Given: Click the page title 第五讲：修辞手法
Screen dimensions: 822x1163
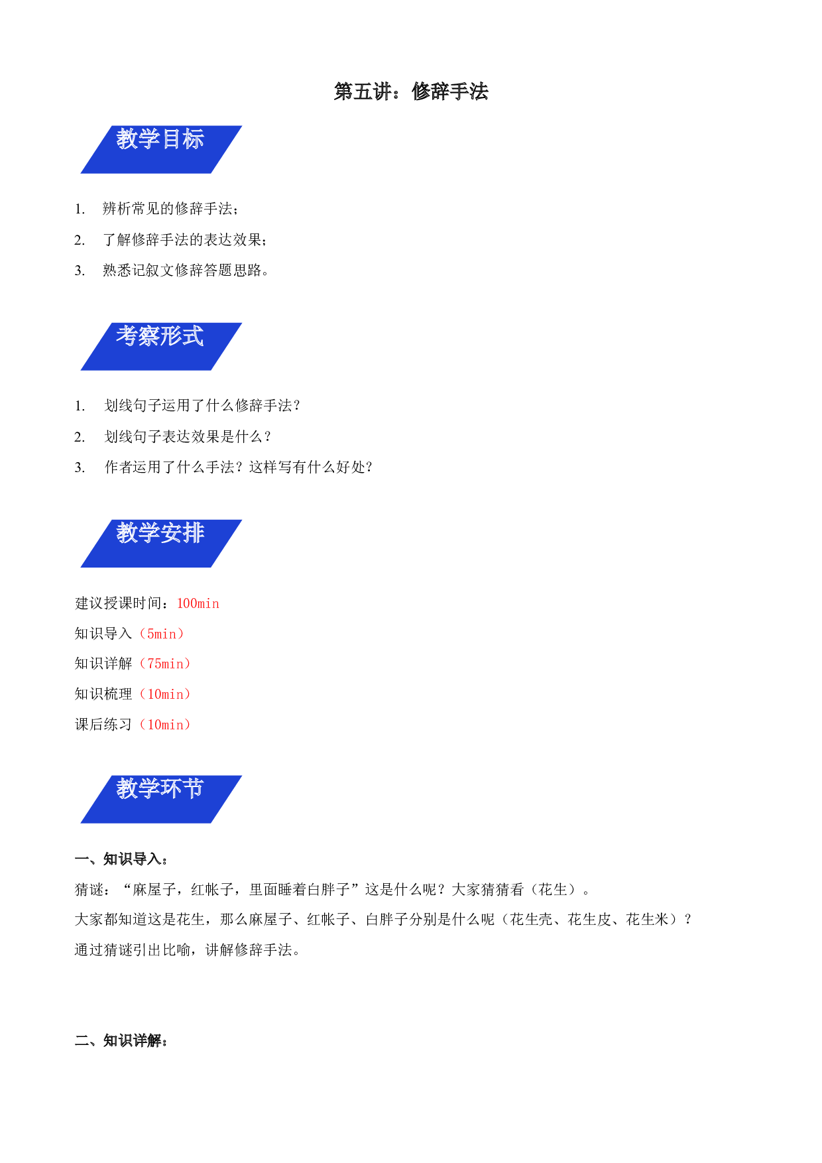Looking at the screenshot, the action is (x=411, y=92).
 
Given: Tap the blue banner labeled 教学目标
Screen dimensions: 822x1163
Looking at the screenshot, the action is (x=161, y=150).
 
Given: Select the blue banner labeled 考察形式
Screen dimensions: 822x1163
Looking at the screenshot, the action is (x=161, y=347).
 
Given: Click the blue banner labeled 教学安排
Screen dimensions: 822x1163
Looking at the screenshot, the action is (x=161, y=544).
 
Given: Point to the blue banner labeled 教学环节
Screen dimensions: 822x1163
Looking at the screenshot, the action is (x=161, y=800).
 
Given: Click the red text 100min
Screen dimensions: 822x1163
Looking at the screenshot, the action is (x=198, y=603).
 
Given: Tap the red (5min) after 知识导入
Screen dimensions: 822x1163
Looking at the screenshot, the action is (x=162, y=634).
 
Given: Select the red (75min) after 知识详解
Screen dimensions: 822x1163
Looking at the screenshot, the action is (x=165, y=664).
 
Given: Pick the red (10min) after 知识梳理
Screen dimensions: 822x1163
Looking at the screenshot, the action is (x=165, y=694).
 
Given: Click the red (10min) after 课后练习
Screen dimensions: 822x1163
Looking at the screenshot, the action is (x=165, y=725).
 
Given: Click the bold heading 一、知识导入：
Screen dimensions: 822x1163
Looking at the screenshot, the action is (x=121, y=859).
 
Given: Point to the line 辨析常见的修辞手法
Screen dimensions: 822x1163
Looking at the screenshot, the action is (x=170, y=209).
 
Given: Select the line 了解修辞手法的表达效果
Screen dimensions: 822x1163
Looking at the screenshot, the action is (x=185, y=240).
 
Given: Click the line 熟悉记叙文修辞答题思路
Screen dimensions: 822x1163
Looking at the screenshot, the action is (x=186, y=271).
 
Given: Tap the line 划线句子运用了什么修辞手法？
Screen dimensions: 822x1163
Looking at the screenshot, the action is (x=202, y=406).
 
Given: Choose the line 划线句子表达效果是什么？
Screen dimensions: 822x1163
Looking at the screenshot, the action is (x=188, y=437).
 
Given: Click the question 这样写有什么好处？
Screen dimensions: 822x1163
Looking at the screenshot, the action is (x=311, y=467).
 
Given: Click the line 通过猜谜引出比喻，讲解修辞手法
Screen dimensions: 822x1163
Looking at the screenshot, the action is (x=188, y=950).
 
